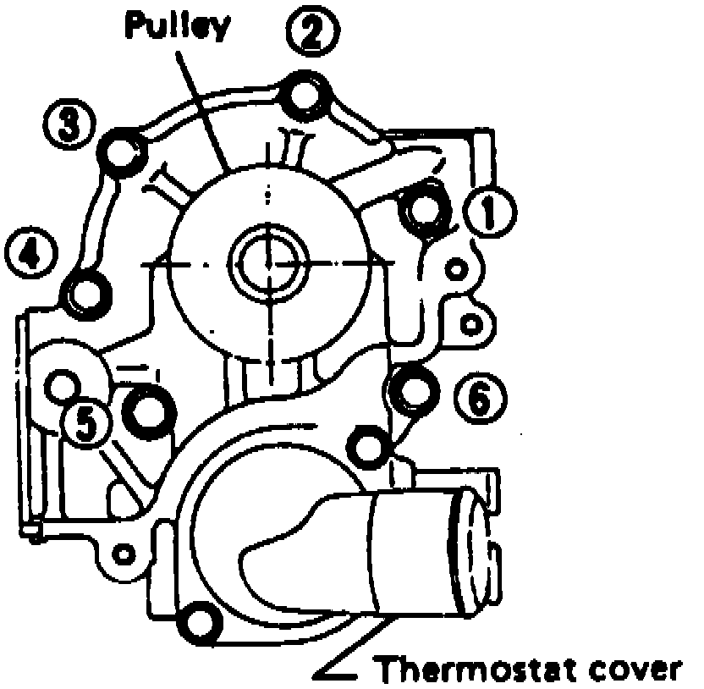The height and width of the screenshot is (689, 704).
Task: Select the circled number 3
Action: [x=69, y=124]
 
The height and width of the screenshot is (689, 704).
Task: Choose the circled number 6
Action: [x=478, y=398]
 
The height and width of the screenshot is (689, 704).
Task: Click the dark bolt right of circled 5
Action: [x=149, y=409]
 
